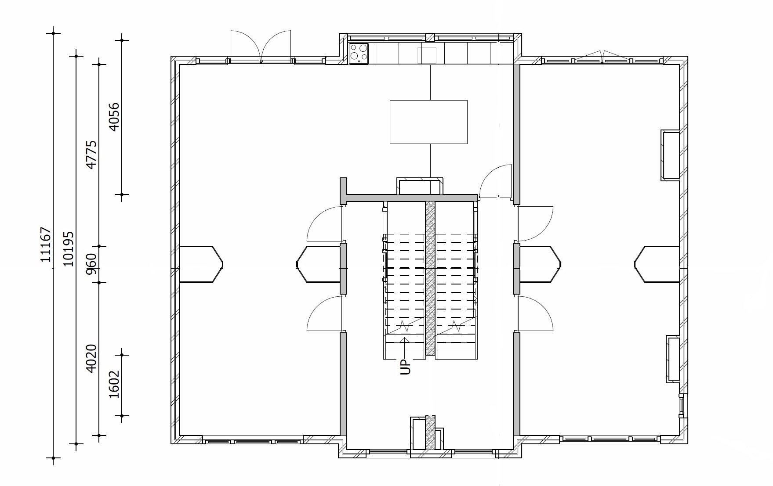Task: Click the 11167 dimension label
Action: pos(46,245)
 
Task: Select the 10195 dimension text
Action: pos(69,249)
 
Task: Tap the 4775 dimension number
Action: pos(91,155)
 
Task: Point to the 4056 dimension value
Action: pos(114,117)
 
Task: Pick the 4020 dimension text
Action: pos(91,359)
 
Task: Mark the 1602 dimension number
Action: pos(114,384)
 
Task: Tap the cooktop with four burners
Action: pos(359,54)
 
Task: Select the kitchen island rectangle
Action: pos(428,122)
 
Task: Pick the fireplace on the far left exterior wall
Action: pos(201,264)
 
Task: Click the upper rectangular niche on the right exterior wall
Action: pos(670,155)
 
